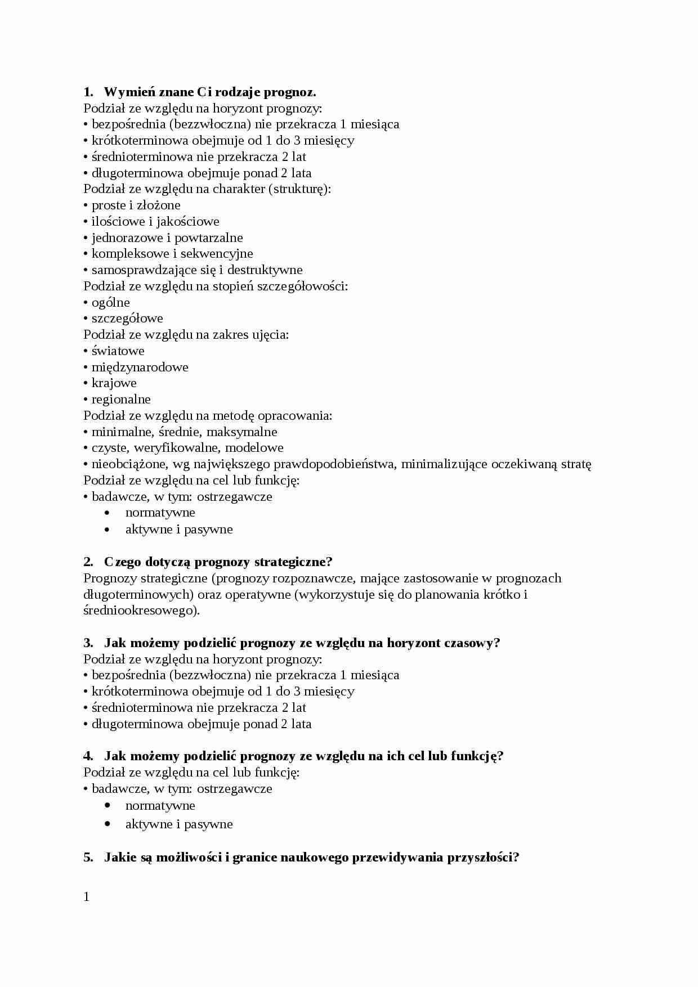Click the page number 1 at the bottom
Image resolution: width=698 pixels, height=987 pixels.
click(x=87, y=897)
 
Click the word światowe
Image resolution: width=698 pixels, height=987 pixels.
click(x=118, y=351)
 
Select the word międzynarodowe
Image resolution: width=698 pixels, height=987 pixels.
click(x=140, y=367)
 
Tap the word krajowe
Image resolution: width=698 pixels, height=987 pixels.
click(x=114, y=383)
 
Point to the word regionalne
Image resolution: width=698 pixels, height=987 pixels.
click(x=121, y=400)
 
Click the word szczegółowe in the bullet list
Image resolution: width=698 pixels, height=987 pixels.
click(x=127, y=318)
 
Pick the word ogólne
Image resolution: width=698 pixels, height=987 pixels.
click(x=111, y=303)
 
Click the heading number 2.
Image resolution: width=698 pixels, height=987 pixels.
click(x=88, y=562)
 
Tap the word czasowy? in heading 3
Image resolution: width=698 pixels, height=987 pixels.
click(x=472, y=643)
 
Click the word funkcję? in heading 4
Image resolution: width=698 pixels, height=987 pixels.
click(x=476, y=756)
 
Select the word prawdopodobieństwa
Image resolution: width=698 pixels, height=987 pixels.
click(x=334, y=464)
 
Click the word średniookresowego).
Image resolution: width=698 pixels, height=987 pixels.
click(x=141, y=611)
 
